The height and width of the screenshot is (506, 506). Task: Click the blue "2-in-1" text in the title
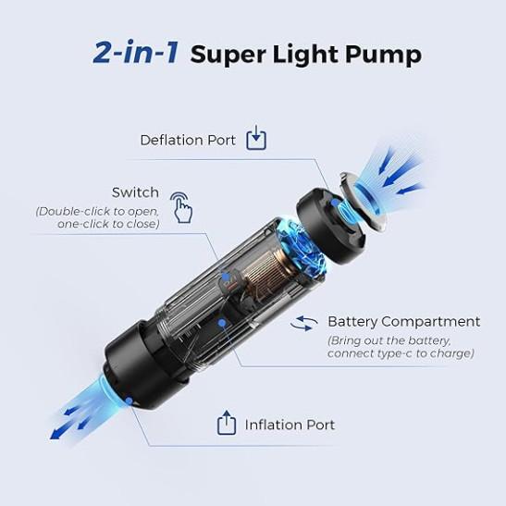(135, 52)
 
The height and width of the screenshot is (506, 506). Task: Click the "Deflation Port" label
(188, 140)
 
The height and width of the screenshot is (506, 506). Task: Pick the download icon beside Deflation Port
(256, 138)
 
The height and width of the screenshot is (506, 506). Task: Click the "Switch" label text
(135, 192)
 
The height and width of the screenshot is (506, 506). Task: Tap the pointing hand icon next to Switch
(181, 207)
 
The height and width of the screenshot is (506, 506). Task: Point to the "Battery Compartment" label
(403, 321)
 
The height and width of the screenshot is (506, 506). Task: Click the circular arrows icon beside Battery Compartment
(303, 324)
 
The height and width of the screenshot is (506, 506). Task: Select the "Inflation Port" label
(290, 425)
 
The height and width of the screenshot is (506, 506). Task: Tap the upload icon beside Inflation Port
(227, 423)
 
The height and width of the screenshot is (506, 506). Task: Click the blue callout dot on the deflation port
(335, 203)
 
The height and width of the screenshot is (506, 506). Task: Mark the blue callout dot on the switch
(227, 277)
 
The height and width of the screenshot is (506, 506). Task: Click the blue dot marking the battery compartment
(221, 322)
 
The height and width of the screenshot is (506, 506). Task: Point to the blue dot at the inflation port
(130, 401)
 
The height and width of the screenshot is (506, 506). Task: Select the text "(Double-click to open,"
(97, 211)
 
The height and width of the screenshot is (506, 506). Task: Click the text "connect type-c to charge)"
(401, 353)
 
